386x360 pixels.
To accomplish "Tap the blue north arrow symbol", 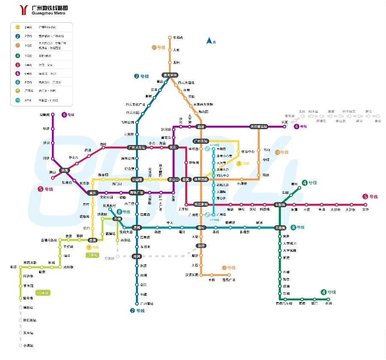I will [x=209, y=41].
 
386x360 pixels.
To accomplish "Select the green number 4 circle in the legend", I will [x=18, y=55].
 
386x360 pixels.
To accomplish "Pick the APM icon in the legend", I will [x=18, y=100].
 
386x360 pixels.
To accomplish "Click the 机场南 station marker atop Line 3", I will [x=170, y=38].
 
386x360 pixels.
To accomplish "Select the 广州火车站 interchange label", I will [x=137, y=147].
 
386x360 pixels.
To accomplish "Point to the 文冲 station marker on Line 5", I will [x=365, y=205].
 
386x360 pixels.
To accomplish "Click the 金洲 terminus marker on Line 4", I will [x=329, y=299].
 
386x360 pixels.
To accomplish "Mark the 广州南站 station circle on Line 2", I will [x=137, y=304].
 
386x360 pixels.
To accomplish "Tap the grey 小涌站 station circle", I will [x=20, y=345].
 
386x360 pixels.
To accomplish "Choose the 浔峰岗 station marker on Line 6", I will [x=53, y=115].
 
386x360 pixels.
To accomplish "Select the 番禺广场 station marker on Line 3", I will [x=229, y=275].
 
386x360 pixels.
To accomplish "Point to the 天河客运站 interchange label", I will [x=259, y=127].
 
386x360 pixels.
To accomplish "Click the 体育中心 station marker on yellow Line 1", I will [x=238, y=151].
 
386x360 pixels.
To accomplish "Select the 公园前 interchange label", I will [x=137, y=180].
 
